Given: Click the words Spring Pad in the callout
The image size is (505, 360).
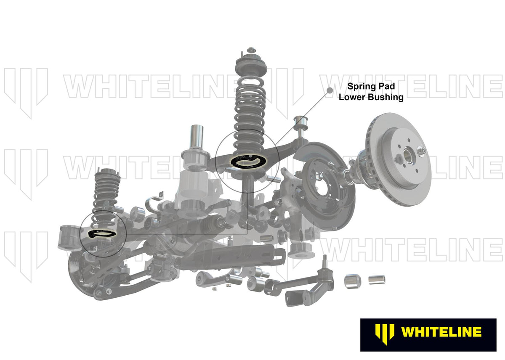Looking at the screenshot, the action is [x=371, y=86].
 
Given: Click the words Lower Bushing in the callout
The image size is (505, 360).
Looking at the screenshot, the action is [x=371, y=97].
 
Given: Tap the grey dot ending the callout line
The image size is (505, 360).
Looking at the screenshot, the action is [x=330, y=90].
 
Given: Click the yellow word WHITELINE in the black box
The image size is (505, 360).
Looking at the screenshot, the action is [x=441, y=332].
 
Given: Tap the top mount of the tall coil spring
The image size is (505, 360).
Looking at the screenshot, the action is [x=251, y=64].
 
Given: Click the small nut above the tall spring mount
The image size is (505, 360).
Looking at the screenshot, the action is [x=251, y=50].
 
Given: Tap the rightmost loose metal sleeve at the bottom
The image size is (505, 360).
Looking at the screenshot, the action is [x=377, y=279].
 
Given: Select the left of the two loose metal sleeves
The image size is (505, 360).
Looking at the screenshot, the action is [x=352, y=281].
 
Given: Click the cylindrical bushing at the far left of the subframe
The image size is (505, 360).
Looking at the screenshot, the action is [x=68, y=238].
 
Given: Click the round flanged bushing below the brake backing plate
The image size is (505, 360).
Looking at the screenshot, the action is [x=300, y=251].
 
